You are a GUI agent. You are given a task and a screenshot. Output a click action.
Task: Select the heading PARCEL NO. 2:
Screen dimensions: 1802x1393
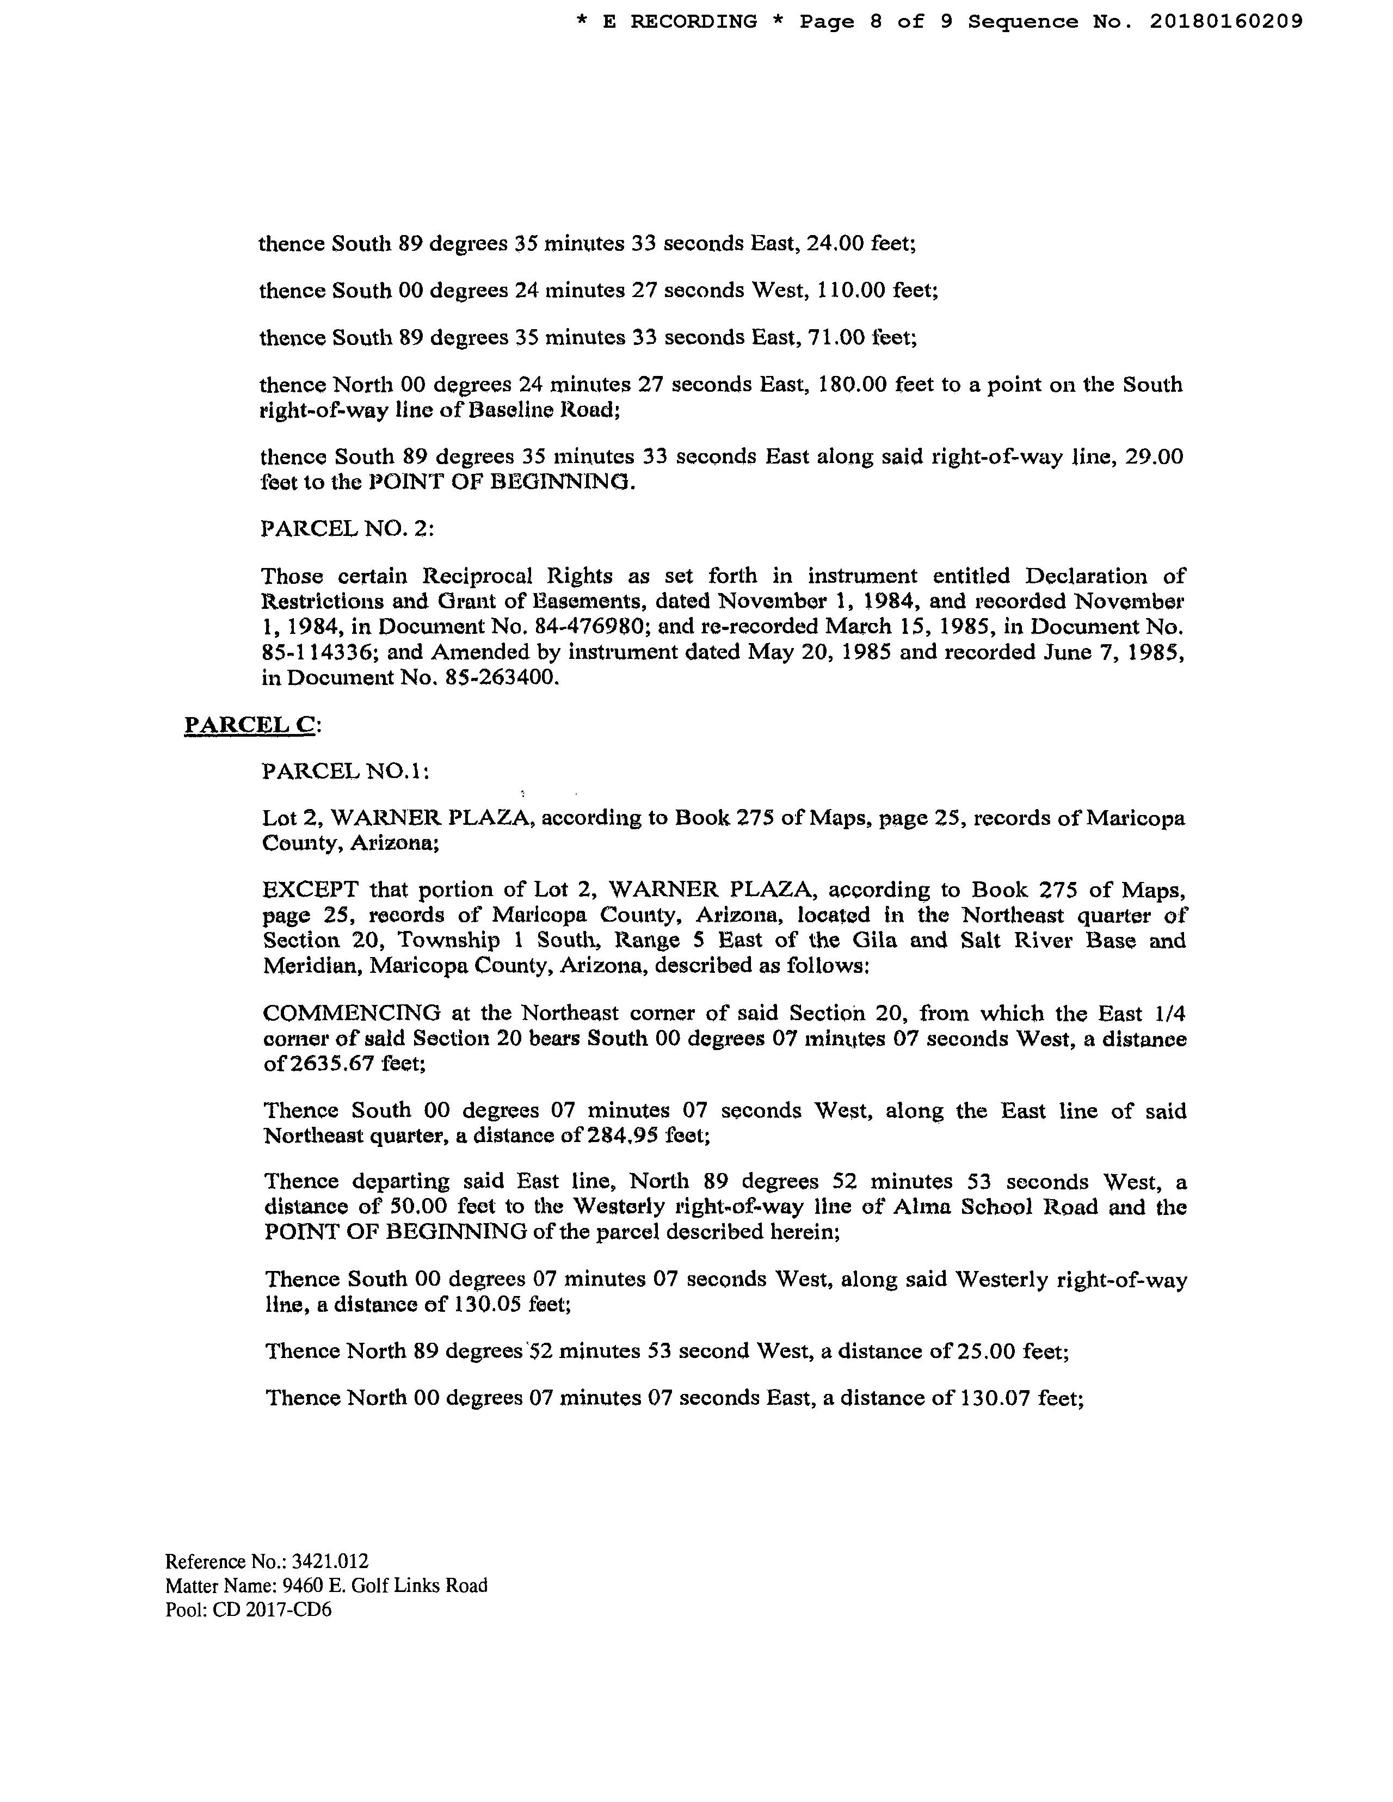tap(347, 528)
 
